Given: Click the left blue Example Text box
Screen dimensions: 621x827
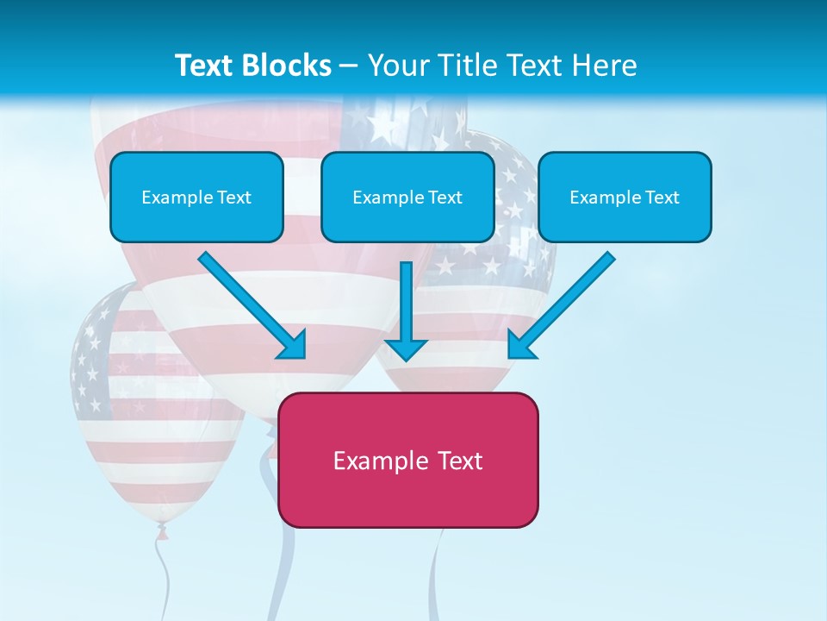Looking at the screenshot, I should point(196,197).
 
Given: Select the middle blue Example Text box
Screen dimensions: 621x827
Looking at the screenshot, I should point(407,197).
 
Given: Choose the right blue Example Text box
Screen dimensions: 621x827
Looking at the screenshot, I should point(625,197).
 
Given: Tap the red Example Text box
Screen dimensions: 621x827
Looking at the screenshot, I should point(407,460).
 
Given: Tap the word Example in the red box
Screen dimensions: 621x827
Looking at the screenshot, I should point(376,461).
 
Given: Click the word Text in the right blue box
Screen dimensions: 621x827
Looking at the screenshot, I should point(662,198).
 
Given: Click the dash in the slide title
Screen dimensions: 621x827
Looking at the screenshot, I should point(349,66).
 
